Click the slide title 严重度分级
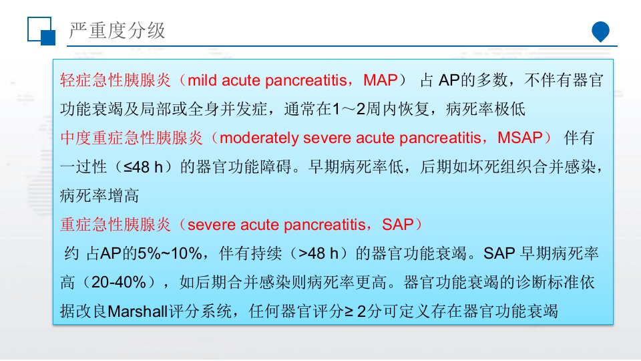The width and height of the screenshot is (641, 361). pyautogui.click(x=118, y=31)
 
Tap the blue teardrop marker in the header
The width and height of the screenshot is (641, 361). pyautogui.click(x=600, y=31)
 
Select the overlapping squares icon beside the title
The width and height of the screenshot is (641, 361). pyautogui.click(x=41, y=31)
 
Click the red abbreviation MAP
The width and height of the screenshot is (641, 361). pyautogui.click(x=380, y=80)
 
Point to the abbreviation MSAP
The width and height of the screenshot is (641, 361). pyautogui.click(x=519, y=138)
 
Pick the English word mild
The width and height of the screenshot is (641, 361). pyautogui.click(x=203, y=80)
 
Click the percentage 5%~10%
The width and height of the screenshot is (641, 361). pyautogui.click(x=170, y=254)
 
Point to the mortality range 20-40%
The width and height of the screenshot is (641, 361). pyautogui.click(x=119, y=282)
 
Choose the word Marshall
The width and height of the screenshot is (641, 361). pyautogui.click(x=138, y=312)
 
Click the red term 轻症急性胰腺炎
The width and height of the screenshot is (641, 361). pyautogui.click(x=116, y=80)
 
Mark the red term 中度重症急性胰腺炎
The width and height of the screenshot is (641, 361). pyautogui.click(x=132, y=138)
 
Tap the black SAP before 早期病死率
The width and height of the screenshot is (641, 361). pyautogui.click(x=499, y=254)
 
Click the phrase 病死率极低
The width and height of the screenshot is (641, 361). pyautogui.click(x=485, y=109)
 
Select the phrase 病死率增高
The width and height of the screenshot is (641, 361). pyautogui.click(x=99, y=196)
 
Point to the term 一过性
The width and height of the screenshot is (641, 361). pyautogui.click(x=83, y=167)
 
